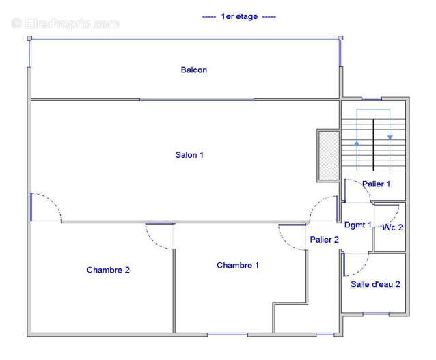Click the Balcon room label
[194, 70]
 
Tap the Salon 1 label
[189, 155]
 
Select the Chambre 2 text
[108, 270]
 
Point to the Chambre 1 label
[238, 265]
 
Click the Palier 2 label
[324, 240]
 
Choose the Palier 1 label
[377, 184]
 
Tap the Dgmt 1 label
[358, 225]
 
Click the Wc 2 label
[392, 227]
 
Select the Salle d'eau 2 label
[375, 284]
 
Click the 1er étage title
[239, 16]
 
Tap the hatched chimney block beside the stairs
[329, 156]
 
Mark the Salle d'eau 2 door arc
[361, 269]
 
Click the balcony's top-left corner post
[29, 38]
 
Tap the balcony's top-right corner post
[340, 38]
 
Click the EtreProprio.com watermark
[66, 23]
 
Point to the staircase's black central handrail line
[373, 145]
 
